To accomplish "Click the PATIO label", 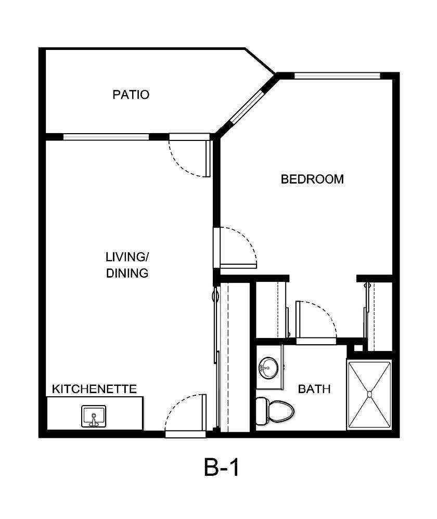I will [131, 95].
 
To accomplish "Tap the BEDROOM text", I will [312, 179].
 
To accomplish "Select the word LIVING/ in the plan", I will [127, 257].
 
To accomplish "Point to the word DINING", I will [127, 273].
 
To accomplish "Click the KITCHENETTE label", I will [94, 388].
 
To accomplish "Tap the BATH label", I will [314, 389].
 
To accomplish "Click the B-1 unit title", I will [222, 468].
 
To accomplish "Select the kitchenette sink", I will [94, 417].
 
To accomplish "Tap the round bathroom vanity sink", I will [267, 368].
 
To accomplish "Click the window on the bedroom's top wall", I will [337, 76].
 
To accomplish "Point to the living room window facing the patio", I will [106, 137].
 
